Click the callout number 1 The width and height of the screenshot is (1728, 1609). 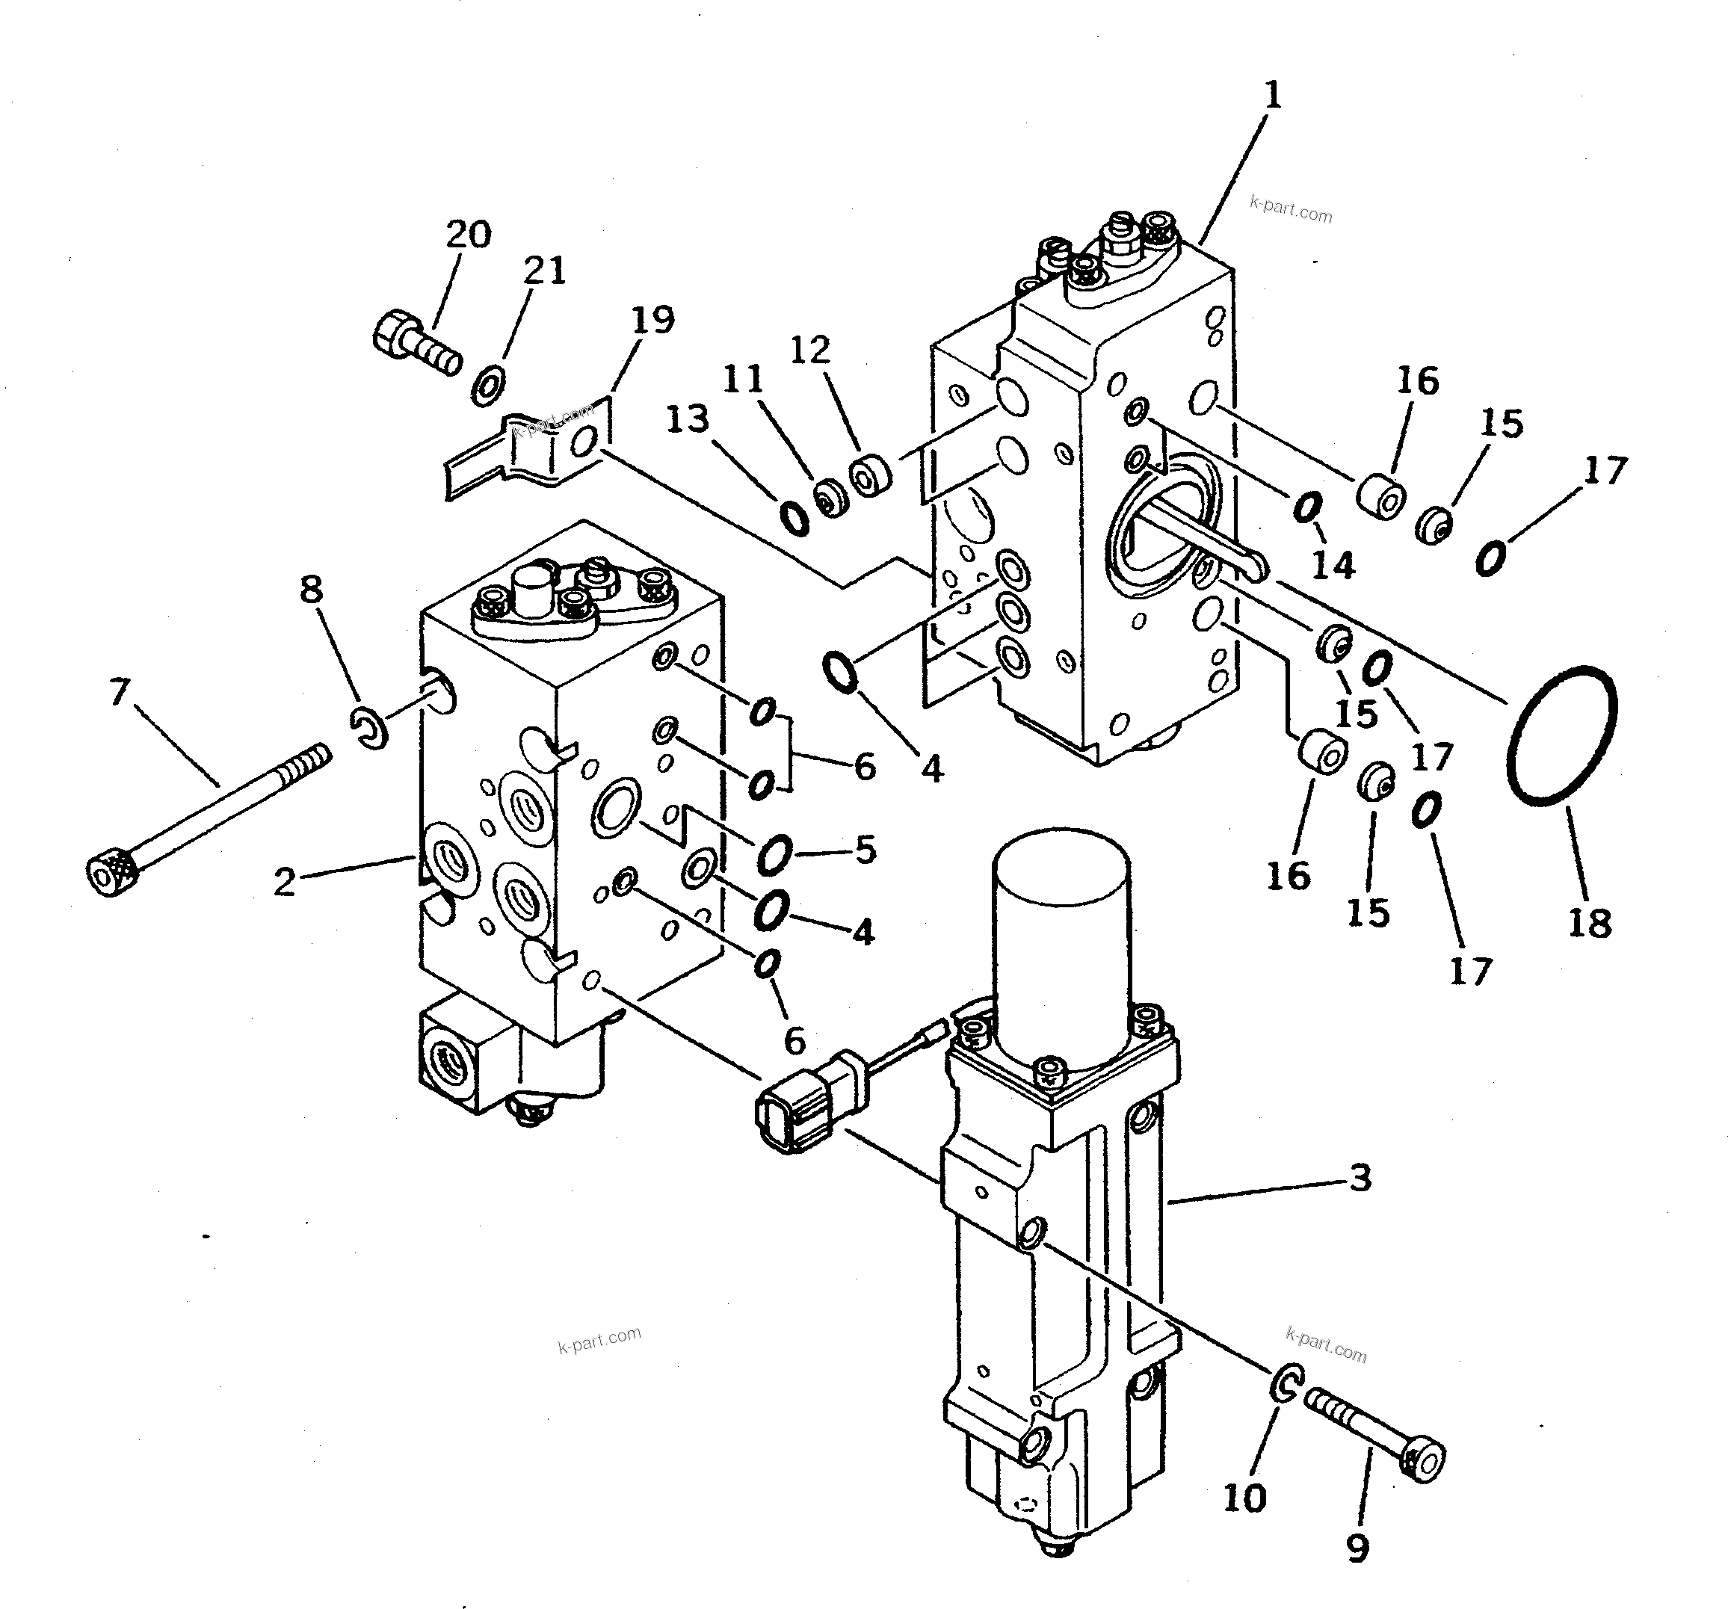click(1271, 95)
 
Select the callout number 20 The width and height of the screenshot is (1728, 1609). click(469, 234)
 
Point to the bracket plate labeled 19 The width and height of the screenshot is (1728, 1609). click(530, 452)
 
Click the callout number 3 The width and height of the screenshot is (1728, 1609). click(1360, 1178)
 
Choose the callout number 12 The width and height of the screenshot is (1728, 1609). click(809, 350)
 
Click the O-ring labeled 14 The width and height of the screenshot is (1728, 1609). click(1307, 507)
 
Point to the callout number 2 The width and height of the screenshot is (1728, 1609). click(284, 883)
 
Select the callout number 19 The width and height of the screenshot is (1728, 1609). click(652, 320)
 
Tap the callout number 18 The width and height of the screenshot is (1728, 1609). click(1590, 922)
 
